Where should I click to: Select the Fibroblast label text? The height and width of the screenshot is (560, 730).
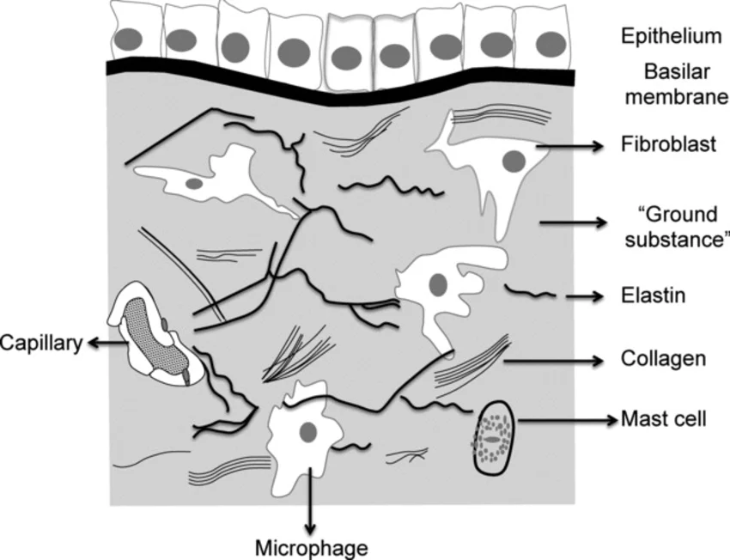[x=658, y=144]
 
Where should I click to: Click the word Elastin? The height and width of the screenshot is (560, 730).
[x=652, y=296]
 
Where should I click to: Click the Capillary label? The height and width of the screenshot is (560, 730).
[x=41, y=344]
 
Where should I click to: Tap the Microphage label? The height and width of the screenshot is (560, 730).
[x=313, y=547]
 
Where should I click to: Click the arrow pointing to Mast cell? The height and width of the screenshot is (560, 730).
[x=567, y=421]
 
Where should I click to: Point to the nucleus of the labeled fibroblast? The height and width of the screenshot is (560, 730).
[x=514, y=160]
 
